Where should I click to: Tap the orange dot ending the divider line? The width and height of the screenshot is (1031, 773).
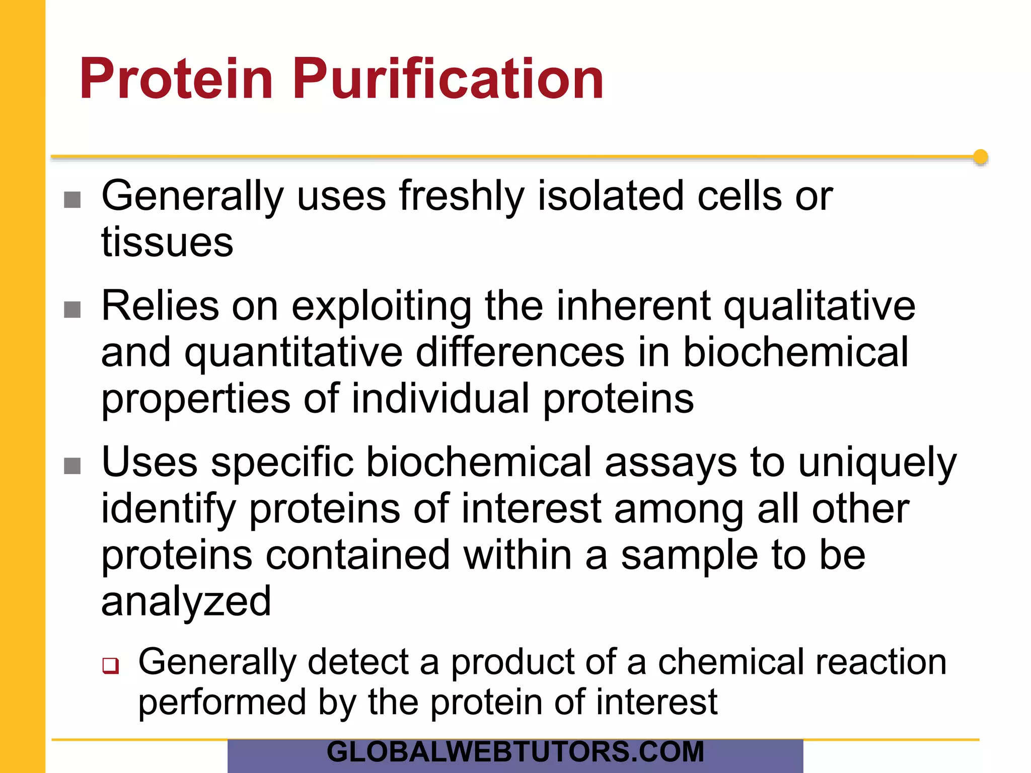click(x=980, y=157)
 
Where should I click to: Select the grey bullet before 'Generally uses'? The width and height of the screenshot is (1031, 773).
click(x=72, y=200)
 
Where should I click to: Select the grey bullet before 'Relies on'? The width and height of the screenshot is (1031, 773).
click(x=72, y=310)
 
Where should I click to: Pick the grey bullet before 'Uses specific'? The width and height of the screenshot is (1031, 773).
click(x=72, y=466)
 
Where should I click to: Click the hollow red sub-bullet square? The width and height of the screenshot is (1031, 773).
click(x=110, y=665)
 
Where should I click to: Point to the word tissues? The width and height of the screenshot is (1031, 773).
click(x=167, y=243)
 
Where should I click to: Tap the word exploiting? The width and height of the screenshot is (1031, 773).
click(x=381, y=306)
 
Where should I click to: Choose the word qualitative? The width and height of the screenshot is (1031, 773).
click(x=819, y=306)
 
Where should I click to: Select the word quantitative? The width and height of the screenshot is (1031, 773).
click(x=293, y=353)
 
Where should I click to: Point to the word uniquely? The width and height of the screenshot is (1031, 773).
click(x=877, y=463)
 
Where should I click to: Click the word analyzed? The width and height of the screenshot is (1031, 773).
click(x=186, y=602)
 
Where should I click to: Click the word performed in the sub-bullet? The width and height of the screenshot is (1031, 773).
click(x=222, y=703)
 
